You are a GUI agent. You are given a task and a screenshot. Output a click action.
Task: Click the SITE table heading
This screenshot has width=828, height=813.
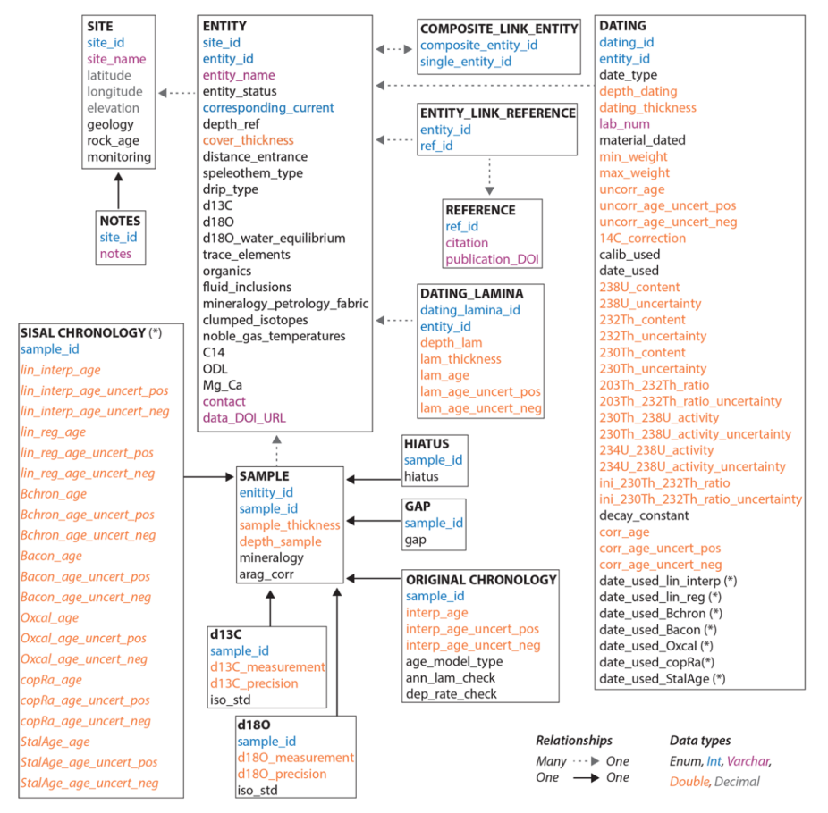click(x=99, y=26)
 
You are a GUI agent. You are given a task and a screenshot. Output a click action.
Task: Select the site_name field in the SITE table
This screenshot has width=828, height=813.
click(x=116, y=59)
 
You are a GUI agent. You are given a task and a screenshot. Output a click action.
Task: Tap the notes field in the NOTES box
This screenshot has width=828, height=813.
click(x=115, y=254)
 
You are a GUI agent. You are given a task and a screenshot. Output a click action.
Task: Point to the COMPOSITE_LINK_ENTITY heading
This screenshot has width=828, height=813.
click(x=499, y=29)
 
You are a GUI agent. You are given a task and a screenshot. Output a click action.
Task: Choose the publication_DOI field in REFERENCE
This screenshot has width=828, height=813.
click(x=492, y=259)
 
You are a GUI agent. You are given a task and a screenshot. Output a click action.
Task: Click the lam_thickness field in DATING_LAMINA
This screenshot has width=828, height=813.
click(x=460, y=359)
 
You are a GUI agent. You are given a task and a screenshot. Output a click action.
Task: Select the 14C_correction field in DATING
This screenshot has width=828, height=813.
click(x=642, y=238)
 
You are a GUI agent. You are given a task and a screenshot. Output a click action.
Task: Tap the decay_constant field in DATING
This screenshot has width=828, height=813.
click(x=644, y=515)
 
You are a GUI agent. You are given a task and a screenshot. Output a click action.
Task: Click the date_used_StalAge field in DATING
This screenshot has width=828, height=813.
click(x=662, y=678)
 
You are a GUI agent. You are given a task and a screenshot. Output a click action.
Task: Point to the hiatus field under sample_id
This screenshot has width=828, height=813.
click(x=421, y=477)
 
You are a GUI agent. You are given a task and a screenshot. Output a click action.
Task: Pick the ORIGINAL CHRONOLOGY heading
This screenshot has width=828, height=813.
click(x=481, y=580)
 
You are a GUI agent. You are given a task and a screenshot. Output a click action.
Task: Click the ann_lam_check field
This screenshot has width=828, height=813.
click(x=451, y=678)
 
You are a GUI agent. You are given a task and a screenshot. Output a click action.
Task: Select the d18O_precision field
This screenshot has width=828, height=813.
click(x=282, y=774)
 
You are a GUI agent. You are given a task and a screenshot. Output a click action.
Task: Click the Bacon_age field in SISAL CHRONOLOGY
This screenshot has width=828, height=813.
click(x=51, y=556)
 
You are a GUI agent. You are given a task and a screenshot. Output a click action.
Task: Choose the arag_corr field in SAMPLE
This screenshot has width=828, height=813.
click(x=266, y=574)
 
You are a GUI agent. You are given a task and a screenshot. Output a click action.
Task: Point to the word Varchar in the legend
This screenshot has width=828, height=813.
click(x=748, y=761)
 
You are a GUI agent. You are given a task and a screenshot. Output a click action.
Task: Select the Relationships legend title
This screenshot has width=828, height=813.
click(x=574, y=741)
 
